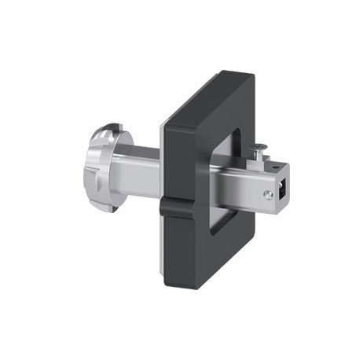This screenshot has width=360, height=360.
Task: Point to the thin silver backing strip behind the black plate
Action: (162, 157)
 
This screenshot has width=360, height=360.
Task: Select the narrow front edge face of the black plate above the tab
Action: (166, 149)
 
